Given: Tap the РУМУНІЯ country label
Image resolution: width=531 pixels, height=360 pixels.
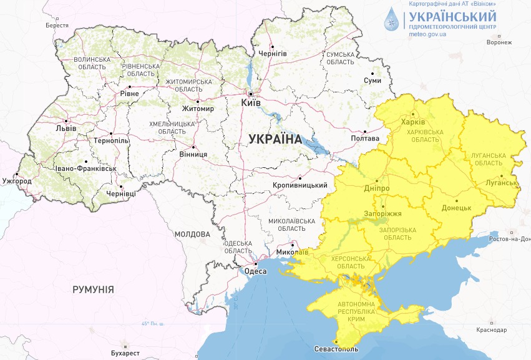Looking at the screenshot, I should (x=93, y=289).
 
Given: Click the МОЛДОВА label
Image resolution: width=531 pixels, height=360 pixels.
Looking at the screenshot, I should (x=192, y=234).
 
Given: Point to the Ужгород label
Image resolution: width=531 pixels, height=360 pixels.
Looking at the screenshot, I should (x=17, y=181).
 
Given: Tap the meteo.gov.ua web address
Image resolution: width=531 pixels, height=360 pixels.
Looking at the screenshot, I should (x=427, y=35).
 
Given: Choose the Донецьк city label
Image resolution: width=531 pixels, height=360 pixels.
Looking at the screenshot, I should (x=455, y=208).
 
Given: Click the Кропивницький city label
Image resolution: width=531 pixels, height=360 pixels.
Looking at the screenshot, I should (x=300, y=185).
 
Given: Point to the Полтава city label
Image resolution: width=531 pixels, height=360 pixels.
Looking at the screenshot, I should (x=366, y=138).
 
